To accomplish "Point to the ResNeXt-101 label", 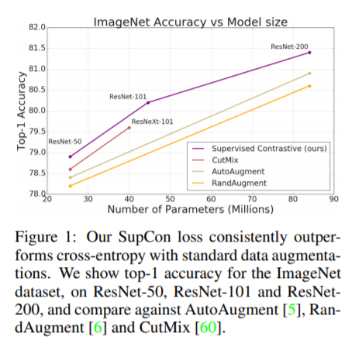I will (152, 122).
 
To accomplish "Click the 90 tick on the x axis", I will (333, 201).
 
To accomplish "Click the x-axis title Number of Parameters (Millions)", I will (190, 210).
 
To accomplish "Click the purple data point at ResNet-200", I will (309, 52).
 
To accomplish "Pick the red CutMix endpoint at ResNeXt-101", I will (129, 128).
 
